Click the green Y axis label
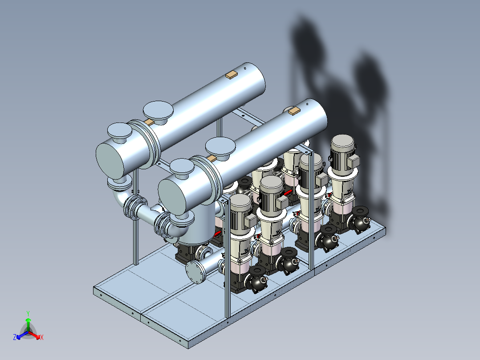point(28,314)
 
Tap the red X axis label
point(42,337)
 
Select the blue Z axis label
point(15,337)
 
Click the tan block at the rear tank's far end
point(232,75)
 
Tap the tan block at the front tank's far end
point(294,110)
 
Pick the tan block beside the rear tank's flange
point(149,122)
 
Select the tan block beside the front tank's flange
point(212,158)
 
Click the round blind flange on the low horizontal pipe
point(195,272)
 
